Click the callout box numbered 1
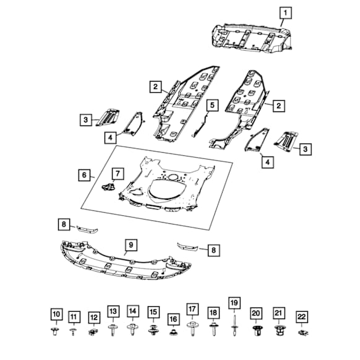pyautogui.click(x=286, y=13)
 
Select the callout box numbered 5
pyautogui.click(x=212, y=105)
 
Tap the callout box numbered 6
pyautogui.click(x=84, y=175)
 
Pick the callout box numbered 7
pyautogui.click(x=118, y=174)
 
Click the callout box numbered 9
pyautogui.click(x=131, y=245)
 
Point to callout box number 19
pyautogui.click(x=234, y=303)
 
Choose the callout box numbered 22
pyautogui.click(x=302, y=317)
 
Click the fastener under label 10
pyautogui.click(x=54, y=332)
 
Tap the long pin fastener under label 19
pyautogui.click(x=234, y=325)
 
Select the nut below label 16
pyautogui.click(x=173, y=332)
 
